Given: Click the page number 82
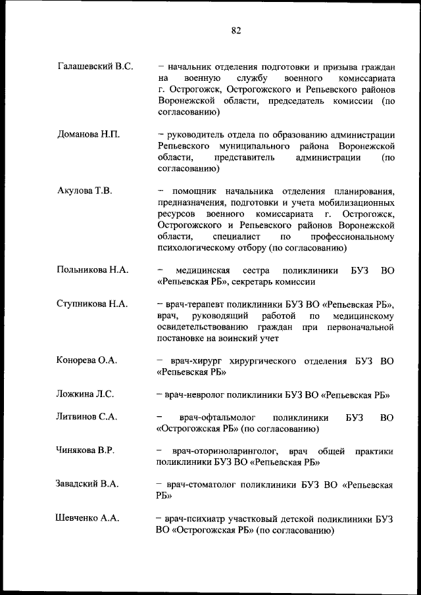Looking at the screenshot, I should (237, 30).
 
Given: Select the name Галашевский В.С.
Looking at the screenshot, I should (95, 66).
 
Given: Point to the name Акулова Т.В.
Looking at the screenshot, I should (85, 191).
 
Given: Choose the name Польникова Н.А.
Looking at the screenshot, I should (93, 270).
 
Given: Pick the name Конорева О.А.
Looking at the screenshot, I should (87, 360).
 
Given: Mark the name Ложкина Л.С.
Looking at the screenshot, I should (86, 394).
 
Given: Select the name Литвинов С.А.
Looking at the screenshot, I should (87, 417).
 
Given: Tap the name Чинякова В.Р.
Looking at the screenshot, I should (86, 451).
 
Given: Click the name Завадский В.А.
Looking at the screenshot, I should (87, 485).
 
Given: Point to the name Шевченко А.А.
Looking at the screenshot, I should (87, 519).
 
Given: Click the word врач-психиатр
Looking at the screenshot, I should (194, 519).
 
